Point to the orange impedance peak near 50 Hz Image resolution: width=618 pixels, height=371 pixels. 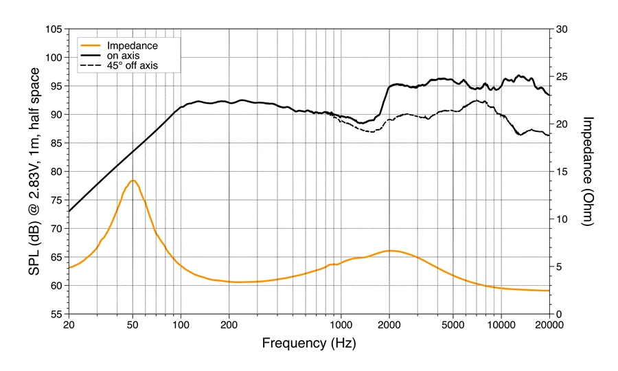pos(133,181)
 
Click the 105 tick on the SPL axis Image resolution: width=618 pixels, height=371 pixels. pos(54,30)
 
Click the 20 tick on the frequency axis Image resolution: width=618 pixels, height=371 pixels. pos(69,325)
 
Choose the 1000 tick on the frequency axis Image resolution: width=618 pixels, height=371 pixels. pos(341,325)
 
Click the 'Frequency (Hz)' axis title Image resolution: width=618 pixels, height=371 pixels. pos(308,341)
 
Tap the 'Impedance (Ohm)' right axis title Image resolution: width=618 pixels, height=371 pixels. pos(588,171)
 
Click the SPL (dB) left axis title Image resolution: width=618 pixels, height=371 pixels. pos(33,172)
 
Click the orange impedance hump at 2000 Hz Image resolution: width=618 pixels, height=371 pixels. pos(389,251)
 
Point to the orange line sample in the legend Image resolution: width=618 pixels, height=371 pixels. pos(91,46)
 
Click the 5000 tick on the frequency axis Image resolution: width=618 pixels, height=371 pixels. pos(453,325)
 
